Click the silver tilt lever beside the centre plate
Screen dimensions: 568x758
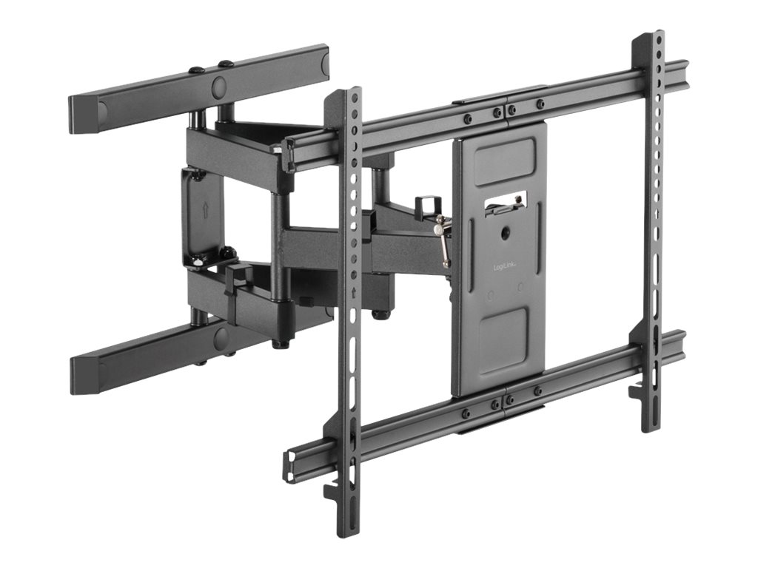[x=443, y=240]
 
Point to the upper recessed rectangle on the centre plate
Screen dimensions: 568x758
[x=504, y=160]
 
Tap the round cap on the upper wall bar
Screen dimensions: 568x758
[x=220, y=87]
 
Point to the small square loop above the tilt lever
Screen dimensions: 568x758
[x=426, y=204]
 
